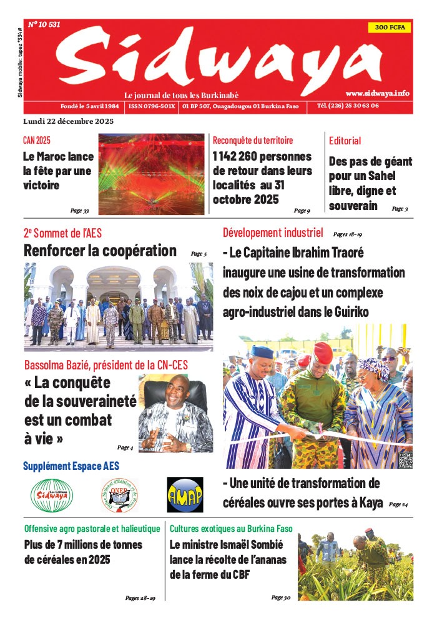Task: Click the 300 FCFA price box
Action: [x=390, y=27]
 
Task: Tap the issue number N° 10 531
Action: [x=44, y=25]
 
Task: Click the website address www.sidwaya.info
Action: [x=377, y=92]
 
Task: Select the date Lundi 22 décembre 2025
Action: [x=68, y=121]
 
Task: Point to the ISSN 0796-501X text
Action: [x=152, y=106]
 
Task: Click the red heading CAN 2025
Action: [x=37, y=141]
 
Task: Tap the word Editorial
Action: [x=345, y=141]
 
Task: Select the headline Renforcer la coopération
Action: [x=100, y=251]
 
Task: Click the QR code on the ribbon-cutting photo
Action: [x=405, y=460]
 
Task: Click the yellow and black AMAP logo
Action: [x=185, y=495]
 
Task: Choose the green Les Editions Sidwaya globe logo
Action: [x=52, y=495]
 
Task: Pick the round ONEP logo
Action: [x=119, y=495]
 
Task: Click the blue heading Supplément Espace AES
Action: [x=71, y=466]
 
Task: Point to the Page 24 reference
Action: [x=398, y=504]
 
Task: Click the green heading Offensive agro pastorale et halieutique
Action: [x=91, y=528]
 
